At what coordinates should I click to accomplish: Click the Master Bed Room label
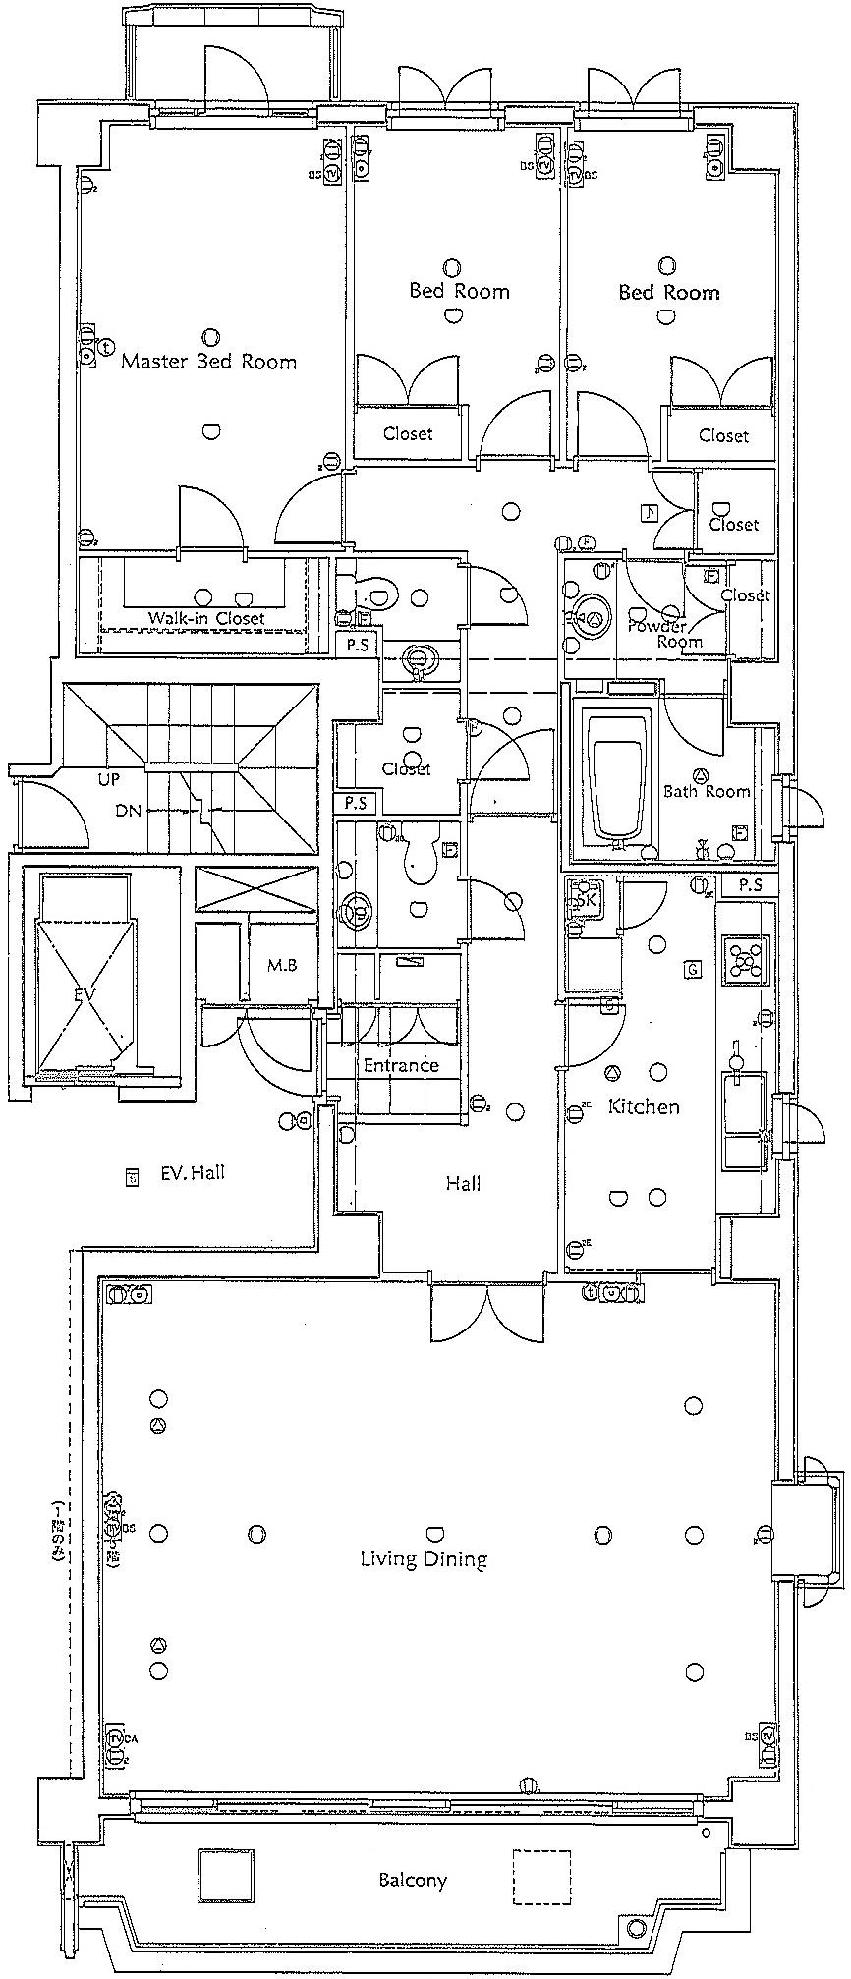[x=208, y=362]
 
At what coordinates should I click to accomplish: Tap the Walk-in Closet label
[x=206, y=618]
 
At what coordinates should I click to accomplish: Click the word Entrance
[x=401, y=1065]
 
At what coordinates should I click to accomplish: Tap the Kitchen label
[x=644, y=1106]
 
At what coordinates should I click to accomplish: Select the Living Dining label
[x=424, y=1558]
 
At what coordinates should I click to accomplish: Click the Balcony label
[x=413, y=1880]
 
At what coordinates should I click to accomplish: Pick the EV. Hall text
[x=193, y=1172]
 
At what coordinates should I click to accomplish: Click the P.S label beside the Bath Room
[x=750, y=885]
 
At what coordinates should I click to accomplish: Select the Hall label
[x=463, y=1183]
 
